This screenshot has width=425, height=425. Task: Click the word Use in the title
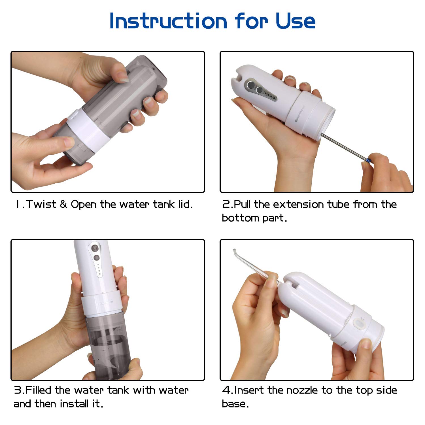pos(295,21)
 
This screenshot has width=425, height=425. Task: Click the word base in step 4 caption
pos(235,404)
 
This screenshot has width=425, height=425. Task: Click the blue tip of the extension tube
pos(368,161)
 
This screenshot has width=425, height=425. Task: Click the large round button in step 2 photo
pos(251,85)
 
